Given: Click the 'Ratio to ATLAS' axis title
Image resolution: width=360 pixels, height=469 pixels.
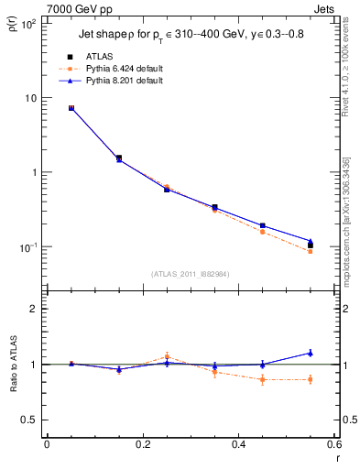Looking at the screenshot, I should click(13, 364).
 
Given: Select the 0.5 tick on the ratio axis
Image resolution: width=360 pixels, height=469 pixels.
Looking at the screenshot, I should click(29, 420).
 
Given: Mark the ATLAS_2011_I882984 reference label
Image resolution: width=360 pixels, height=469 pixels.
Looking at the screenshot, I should click(191, 274).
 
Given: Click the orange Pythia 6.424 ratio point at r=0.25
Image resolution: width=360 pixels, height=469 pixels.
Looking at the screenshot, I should click(167, 356).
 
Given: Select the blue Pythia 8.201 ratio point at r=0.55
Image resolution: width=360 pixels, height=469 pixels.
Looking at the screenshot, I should click(311, 353).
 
